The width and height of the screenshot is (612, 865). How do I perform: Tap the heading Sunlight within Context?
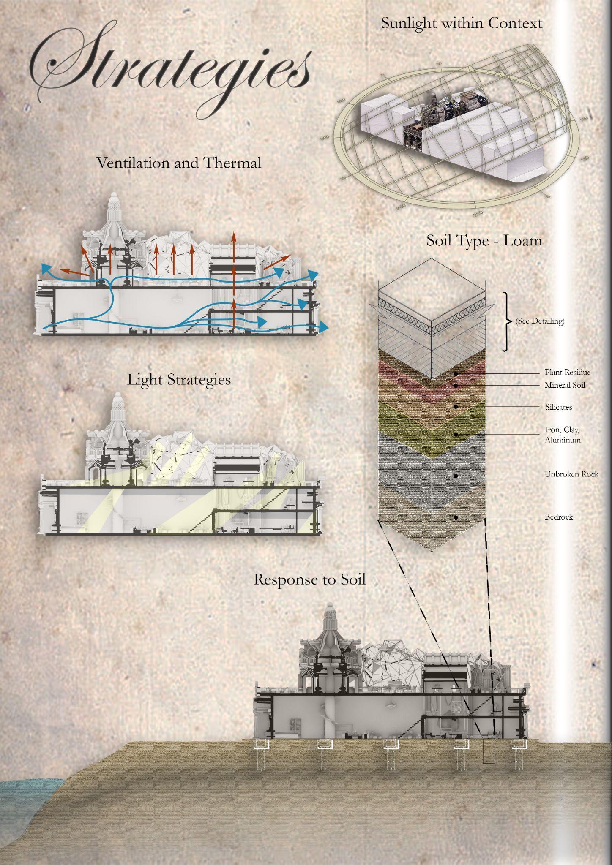pos(462,23)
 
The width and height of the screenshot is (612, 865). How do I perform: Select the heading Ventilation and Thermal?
pos(179,163)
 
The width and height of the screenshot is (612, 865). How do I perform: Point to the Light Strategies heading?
pos(179,380)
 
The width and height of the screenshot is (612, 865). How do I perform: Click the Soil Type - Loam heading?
pos(484,241)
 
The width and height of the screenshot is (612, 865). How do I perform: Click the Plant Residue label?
pos(567,373)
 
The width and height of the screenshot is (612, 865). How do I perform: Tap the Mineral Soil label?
pos(565,385)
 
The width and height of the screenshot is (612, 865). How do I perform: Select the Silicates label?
pos(558,407)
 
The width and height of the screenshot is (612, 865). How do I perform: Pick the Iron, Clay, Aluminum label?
pos(562,435)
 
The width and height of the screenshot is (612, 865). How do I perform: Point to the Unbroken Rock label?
pos(571,474)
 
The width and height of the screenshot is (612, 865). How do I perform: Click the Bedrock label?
pos(558,517)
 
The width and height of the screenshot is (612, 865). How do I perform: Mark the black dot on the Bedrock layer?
pos(456,517)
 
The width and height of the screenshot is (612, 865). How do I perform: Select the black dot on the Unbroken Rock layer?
pos(456,476)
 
